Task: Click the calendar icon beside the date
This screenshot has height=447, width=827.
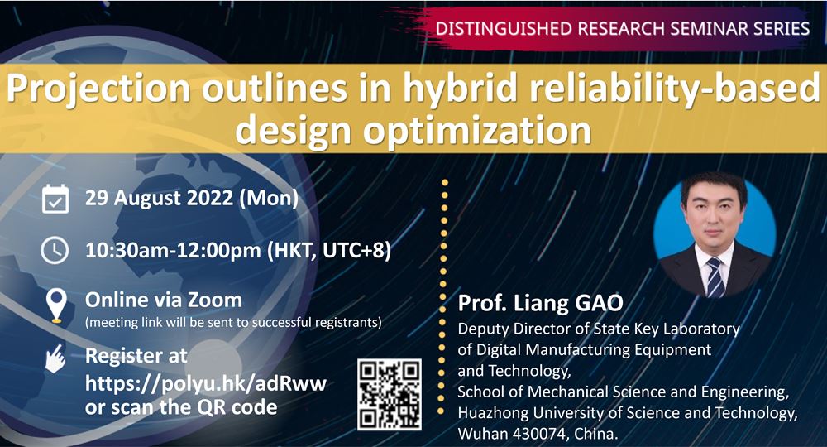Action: pos(55,199)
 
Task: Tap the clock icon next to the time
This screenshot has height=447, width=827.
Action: pos(55,250)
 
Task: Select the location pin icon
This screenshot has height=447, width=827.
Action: pos(55,305)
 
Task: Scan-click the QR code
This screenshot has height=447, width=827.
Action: pos(390,393)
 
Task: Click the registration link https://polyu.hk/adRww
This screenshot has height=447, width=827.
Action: pos(206,382)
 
